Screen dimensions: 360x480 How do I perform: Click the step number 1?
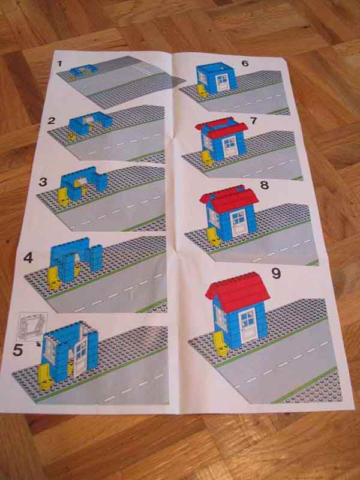(x=59, y=64)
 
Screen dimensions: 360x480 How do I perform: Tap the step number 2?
(x=52, y=121)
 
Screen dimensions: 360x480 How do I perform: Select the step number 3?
(x=43, y=182)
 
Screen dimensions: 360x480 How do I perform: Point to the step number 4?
(x=28, y=258)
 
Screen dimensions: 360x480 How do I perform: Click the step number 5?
(x=18, y=350)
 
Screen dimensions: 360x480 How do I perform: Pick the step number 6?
(x=245, y=64)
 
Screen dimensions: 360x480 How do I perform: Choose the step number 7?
(x=253, y=121)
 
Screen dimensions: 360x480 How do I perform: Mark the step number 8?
(x=264, y=185)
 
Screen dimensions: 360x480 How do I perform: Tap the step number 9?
(x=276, y=274)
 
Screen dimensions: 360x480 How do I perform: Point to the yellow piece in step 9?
(x=220, y=344)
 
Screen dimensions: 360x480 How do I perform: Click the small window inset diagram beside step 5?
(x=33, y=326)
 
